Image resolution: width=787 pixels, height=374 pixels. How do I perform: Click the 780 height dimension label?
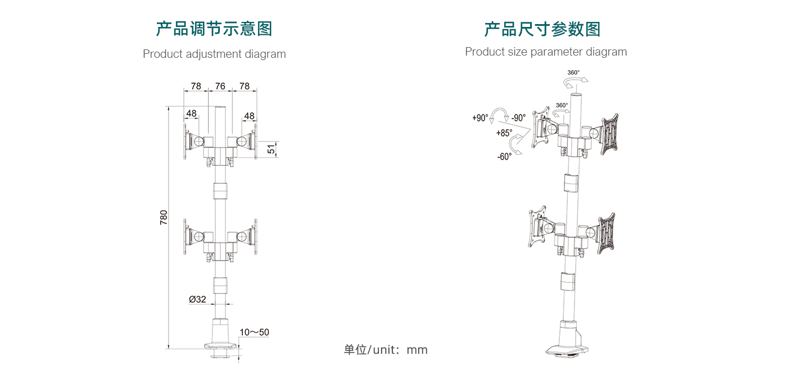pos(164,217)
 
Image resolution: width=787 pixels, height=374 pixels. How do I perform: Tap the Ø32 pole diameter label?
pos(197,299)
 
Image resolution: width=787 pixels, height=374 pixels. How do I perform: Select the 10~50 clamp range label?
pos(254,332)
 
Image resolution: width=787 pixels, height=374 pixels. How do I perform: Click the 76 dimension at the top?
pos(220,86)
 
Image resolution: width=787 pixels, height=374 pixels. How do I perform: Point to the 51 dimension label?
pos(272,149)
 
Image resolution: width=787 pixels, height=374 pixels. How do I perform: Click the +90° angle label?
pos(480,118)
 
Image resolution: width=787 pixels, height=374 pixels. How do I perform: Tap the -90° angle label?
pos(518,118)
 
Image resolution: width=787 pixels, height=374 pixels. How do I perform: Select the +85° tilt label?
pos(504,134)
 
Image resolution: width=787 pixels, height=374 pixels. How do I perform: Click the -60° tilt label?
pos(504,157)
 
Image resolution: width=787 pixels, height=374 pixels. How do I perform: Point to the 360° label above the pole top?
pos(573,72)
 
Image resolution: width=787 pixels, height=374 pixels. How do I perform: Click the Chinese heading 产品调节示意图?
pos(214,29)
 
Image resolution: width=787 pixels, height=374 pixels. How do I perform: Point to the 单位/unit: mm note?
pos(386,350)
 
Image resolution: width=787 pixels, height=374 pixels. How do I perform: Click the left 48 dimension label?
pos(192,113)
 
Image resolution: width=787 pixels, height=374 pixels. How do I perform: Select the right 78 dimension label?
pos(245,86)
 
